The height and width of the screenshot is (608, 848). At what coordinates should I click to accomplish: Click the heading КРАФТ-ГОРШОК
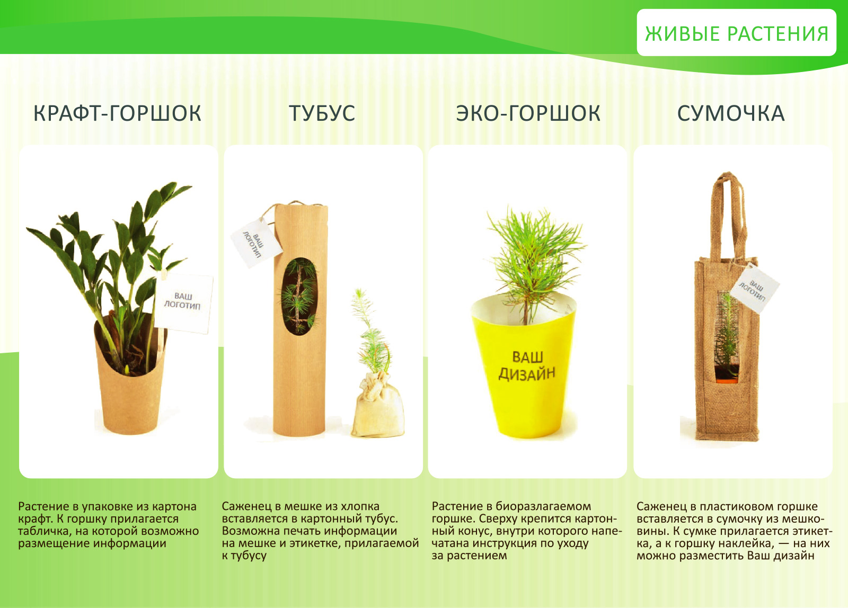(117, 113)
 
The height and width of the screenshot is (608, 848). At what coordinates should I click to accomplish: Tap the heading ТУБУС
(322, 113)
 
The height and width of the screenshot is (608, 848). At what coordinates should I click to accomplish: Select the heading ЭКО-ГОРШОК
(528, 113)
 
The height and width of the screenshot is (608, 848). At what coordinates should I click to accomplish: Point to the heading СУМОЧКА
(731, 113)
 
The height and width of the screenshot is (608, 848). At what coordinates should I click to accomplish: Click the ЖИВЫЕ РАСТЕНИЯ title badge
(736, 33)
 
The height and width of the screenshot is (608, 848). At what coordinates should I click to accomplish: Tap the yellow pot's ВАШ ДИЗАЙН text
(527, 365)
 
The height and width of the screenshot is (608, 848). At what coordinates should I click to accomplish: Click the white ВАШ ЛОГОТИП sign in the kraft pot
(184, 304)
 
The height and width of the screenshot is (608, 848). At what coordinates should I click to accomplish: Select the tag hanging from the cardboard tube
(257, 243)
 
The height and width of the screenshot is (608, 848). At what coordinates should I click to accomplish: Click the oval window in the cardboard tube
(299, 296)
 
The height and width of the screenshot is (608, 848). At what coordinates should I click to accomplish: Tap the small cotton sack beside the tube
(377, 405)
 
